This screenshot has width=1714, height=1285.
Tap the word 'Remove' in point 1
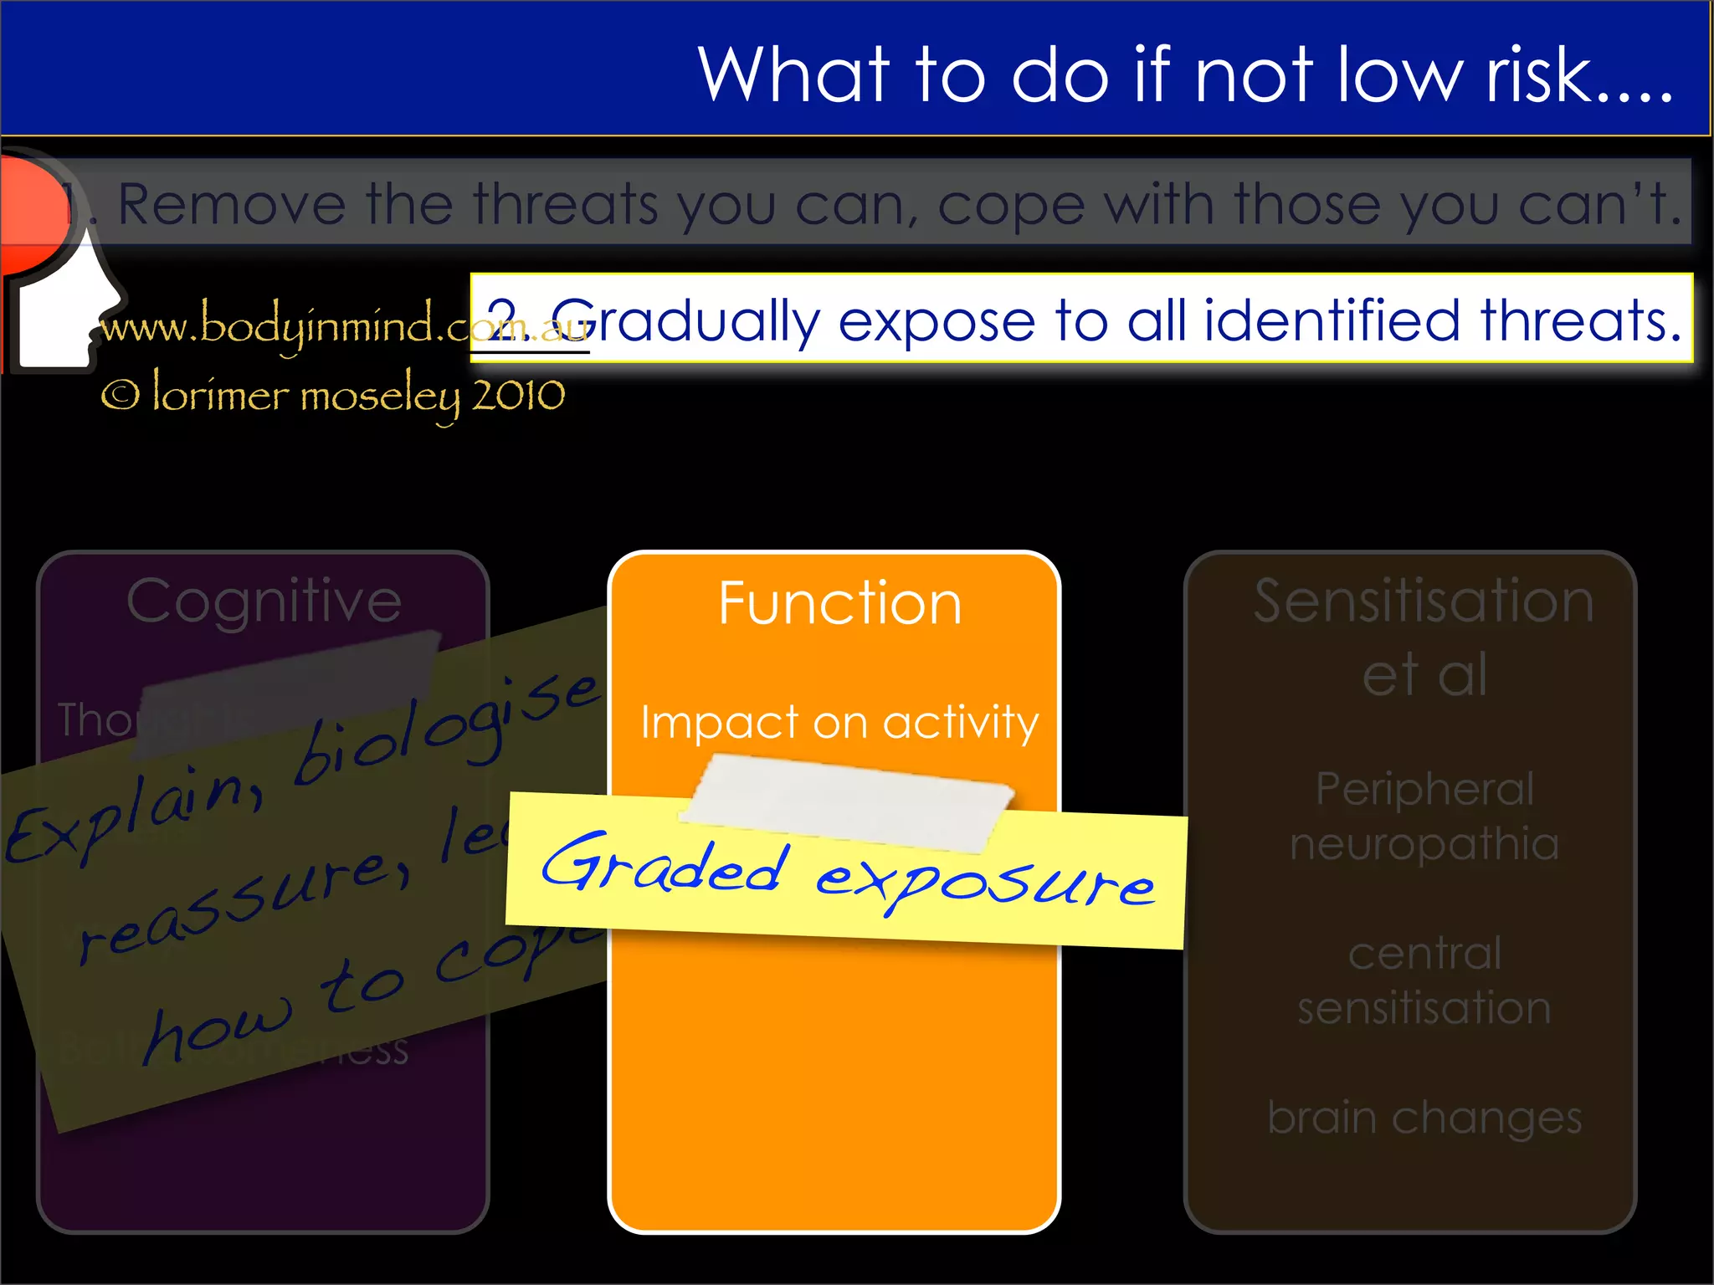tap(232, 204)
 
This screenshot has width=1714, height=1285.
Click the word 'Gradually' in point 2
tap(685, 320)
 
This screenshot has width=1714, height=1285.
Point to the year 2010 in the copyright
tap(518, 395)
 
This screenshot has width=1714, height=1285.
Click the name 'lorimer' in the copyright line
tap(220, 395)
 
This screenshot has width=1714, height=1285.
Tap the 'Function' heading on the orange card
tap(839, 603)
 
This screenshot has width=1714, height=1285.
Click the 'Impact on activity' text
tap(839, 722)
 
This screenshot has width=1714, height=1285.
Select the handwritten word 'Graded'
tap(665, 865)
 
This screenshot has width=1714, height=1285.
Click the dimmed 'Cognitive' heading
tap(264, 601)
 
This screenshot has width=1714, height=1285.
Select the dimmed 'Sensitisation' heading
tap(1424, 601)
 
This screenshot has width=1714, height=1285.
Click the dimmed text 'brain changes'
tap(1424, 1118)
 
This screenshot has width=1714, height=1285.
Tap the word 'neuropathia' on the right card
tap(1424, 843)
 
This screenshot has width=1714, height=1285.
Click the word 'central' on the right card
tap(1424, 954)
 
